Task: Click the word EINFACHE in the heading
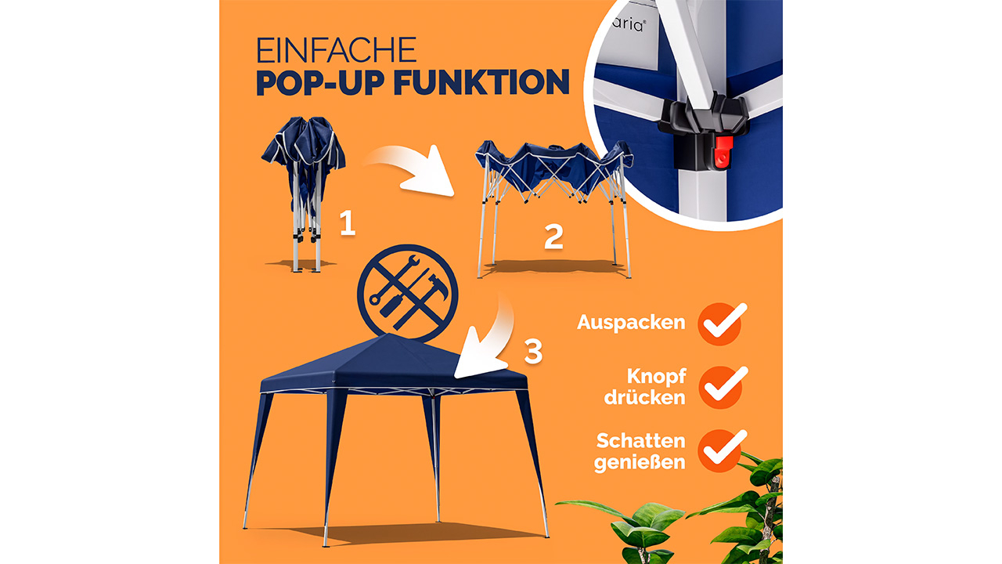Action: [x=337, y=50]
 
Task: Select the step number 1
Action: [x=348, y=223]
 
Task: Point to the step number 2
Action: [x=553, y=237]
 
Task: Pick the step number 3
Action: [x=533, y=351]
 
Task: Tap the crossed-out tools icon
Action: [x=408, y=294]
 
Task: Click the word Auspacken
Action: [x=631, y=322]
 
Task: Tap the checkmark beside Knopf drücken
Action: [x=722, y=387]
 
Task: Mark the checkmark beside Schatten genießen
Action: [x=722, y=450]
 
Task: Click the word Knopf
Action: [x=656, y=377]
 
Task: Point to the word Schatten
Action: [x=641, y=441]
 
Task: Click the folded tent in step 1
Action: [x=304, y=193]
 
